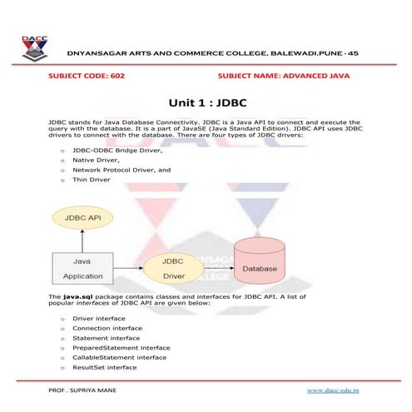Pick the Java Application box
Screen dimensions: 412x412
[x=82, y=266]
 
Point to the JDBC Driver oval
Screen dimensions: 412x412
[x=172, y=266]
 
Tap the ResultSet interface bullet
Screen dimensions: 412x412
[x=105, y=367]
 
